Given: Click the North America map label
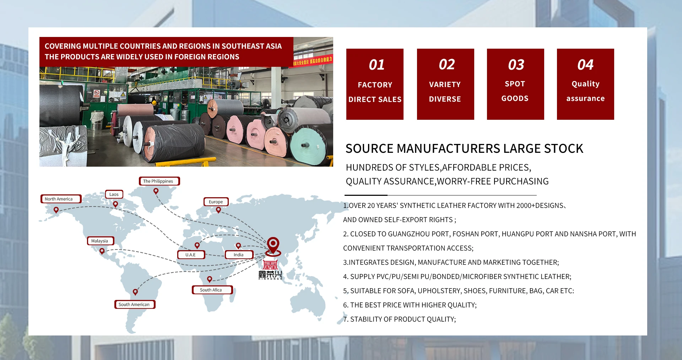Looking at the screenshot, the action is click(x=61, y=199).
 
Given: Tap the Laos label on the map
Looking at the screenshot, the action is click(x=114, y=194).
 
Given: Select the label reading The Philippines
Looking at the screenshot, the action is click(x=159, y=181).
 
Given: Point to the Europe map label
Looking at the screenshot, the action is click(x=216, y=202).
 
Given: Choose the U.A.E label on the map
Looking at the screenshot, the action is click(x=191, y=255).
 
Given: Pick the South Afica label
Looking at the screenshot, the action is click(x=212, y=290).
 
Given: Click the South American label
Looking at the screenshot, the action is click(x=135, y=305).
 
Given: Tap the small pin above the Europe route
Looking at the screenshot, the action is click(x=218, y=210).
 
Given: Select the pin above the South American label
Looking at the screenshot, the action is click(x=135, y=292).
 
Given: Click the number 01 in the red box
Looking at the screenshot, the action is click(x=377, y=65).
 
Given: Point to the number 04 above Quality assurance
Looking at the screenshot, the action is click(x=585, y=65).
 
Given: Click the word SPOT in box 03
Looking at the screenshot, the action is click(x=515, y=84).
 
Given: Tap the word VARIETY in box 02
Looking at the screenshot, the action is click(x=445, y=85).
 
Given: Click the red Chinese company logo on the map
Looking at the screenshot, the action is click(x=270, y=270).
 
